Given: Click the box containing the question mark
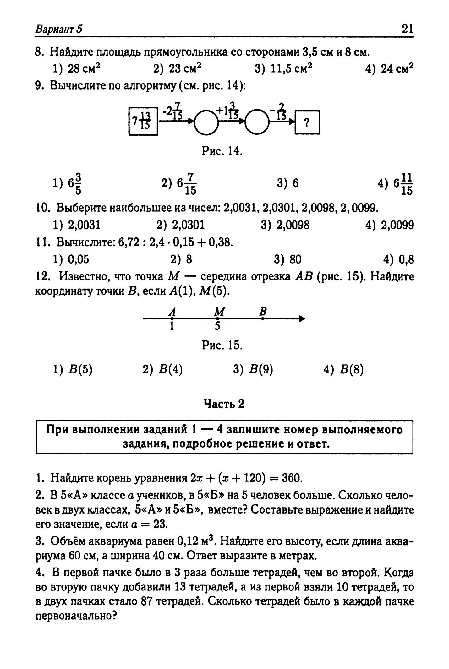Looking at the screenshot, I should [307, 122].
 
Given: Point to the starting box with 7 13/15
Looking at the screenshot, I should [143, 121].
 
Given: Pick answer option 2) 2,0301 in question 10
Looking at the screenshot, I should [180, 225].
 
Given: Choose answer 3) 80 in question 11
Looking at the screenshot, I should [287, 259].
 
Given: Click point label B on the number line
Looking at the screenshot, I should [263, 312].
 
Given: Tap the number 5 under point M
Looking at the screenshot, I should [217, 327].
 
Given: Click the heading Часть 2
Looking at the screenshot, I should [224, 404].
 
